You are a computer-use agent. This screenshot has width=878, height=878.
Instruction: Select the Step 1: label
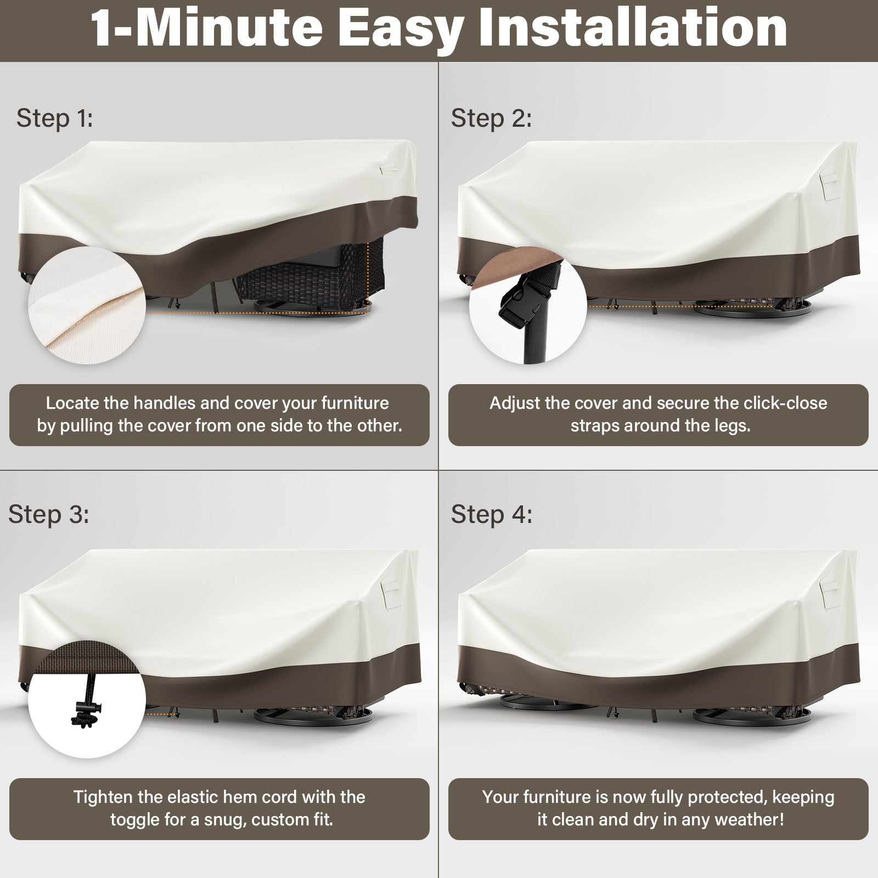coord(55,119)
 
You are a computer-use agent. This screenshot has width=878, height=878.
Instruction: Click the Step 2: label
coord(492,119)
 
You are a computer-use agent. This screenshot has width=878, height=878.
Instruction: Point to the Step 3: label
coord(48,514)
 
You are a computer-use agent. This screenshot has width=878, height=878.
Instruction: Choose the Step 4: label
coord(492,514)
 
